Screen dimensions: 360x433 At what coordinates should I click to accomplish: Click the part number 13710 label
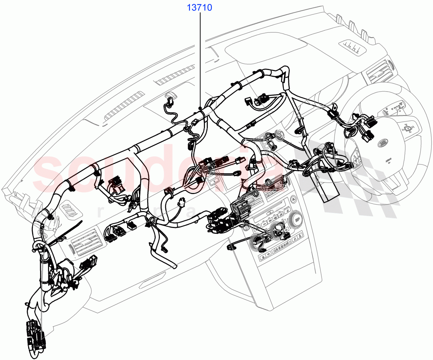click(199, 7)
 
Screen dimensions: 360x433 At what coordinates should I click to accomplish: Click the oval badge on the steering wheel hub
click(383, 144)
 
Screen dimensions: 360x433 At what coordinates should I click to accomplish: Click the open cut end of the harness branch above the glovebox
click(175, 267)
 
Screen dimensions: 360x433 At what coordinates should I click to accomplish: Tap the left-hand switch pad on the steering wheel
click(355, 157)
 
